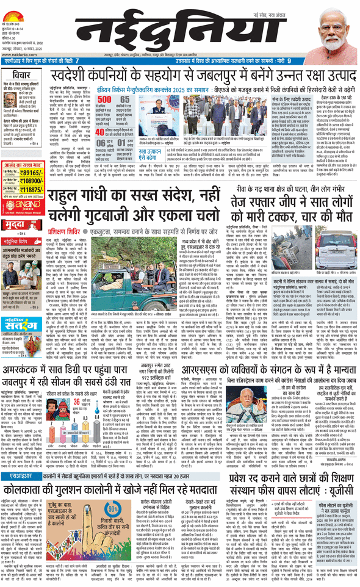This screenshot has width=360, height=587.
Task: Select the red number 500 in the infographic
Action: (x=104, y=99)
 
